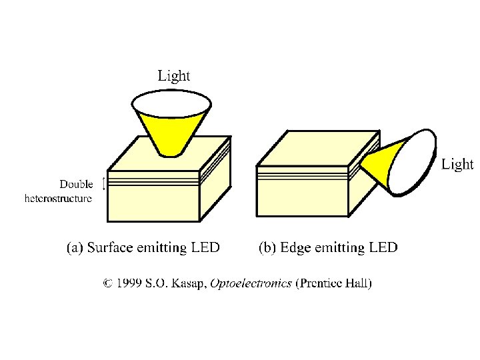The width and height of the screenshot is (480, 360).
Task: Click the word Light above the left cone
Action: coord(173,75)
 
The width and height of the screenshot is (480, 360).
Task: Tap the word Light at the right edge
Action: coord(457,164)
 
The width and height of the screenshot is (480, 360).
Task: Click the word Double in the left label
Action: coord(77,185)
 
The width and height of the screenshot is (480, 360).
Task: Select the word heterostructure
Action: coord(59,198)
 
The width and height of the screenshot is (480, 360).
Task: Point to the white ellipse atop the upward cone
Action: coord(172,103)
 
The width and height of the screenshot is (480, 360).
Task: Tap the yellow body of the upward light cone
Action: coord(171,133)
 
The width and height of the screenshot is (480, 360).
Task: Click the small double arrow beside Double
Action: coord(103,183)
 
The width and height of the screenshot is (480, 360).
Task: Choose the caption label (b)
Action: coord(267,248)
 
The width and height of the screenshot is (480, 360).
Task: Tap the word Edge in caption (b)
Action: coord(295,248)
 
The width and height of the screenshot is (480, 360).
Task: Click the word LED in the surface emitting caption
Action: coord(205,248)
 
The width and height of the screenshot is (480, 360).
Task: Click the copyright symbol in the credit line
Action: coord(107,283)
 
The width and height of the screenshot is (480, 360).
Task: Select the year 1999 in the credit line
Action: coord(129,283)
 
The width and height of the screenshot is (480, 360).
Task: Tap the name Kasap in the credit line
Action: coord(189,283)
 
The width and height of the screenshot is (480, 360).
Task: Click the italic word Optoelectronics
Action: coord(251,283)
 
